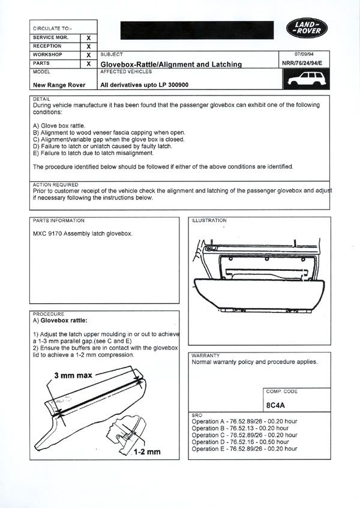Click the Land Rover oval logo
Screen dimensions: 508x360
tap(307, 28)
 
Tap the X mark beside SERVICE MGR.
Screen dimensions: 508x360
tap(88, 38)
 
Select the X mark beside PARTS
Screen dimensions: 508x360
tap(88, 63)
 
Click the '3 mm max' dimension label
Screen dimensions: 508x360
tap(73, 375)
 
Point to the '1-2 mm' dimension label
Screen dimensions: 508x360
tap(148, 450)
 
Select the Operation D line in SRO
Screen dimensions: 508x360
tap(244, 442)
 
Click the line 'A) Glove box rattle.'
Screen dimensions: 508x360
tap(63, 126)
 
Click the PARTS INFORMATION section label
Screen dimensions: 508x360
tap(59, 220)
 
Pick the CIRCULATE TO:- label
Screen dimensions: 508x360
tap(52, 28)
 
